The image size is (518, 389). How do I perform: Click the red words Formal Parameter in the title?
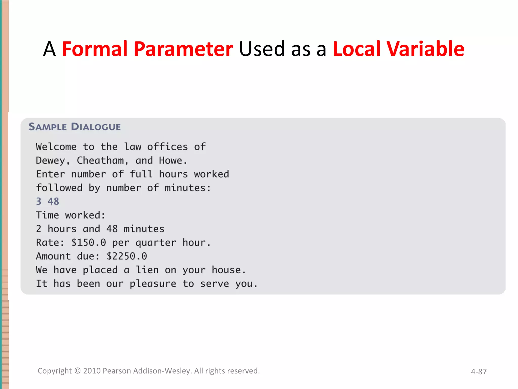click(x=147, y=49)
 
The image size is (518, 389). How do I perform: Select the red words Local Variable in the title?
click(x=398, y=49)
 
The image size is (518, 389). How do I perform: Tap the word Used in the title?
click(x=262, y=49)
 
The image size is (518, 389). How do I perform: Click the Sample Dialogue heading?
click(x=75, y=127)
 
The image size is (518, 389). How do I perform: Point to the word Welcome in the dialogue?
click(x=56, y=147)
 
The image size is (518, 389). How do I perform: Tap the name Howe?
click(x=171, y=161)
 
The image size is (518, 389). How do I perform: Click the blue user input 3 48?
click(x=48, y=202)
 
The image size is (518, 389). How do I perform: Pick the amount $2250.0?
click(x=126, y=256)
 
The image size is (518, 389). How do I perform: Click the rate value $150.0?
click(x=89, y=243)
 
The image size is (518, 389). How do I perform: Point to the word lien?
click(x=147, y=270)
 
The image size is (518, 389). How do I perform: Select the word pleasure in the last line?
click(x=153, y=284)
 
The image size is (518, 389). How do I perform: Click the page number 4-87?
click(x=479, y=372)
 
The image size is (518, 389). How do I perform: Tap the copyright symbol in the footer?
click(x=77, y=371)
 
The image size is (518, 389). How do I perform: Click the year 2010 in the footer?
click(x=92, y=371)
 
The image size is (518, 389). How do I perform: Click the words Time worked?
click(x=71, y=215)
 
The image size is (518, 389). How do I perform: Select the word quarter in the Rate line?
click(x=156, y=243)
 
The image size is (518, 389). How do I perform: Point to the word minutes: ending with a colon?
click(x=188, y=188)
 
